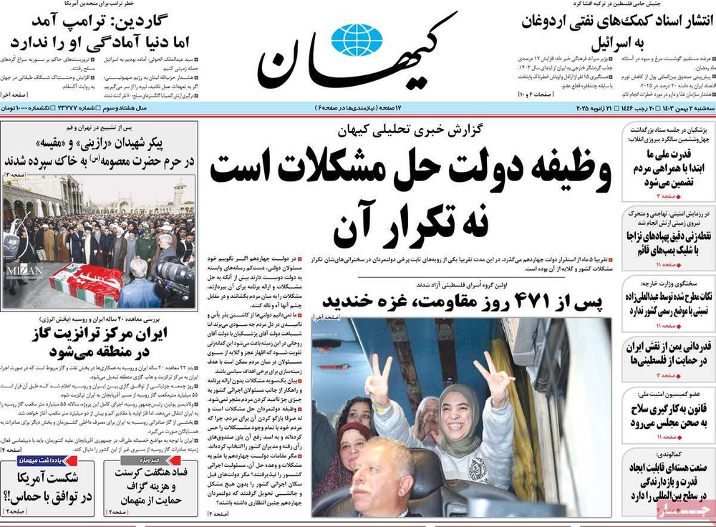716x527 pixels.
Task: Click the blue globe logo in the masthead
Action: [357, 40]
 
